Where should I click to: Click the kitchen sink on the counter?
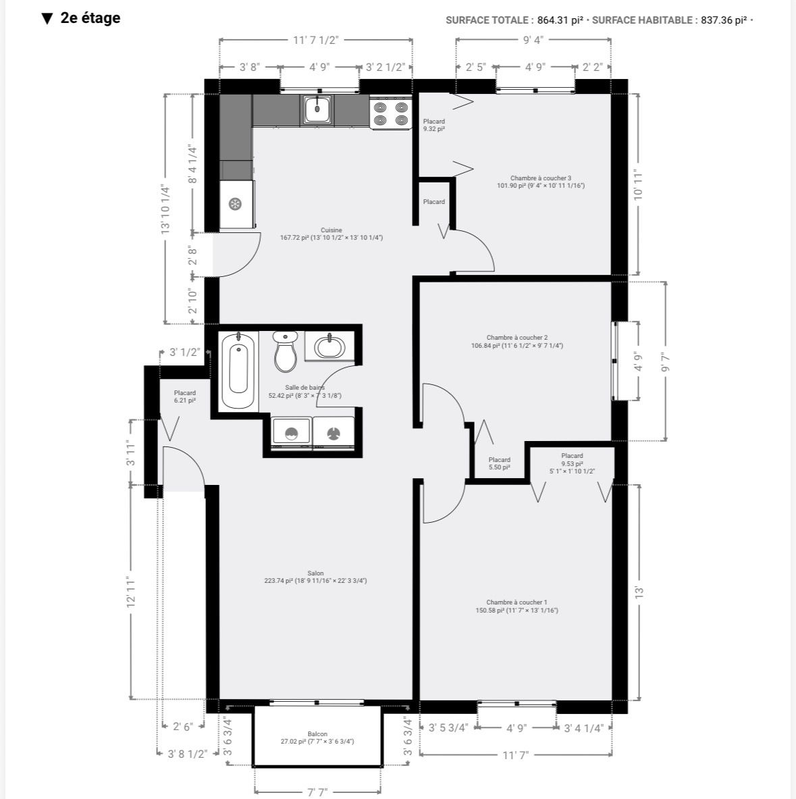click(318, 109)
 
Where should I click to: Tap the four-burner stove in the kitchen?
click(391, 113)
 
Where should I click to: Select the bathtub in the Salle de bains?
click(238, 370)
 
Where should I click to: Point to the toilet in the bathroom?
click(286, 351)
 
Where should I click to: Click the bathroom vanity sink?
click(329, 346)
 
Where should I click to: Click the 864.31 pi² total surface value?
click(560, 20)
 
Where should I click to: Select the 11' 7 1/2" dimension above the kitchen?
click(316, 41)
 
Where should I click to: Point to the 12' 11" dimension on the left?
click(131, 592)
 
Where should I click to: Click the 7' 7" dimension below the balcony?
click(317, 792)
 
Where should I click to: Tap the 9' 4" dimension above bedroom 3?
click(533, 40)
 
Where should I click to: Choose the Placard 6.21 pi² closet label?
click(185, 397)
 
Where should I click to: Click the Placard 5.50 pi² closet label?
click(499, 463)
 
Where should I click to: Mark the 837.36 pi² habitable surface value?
click(724, 20)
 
